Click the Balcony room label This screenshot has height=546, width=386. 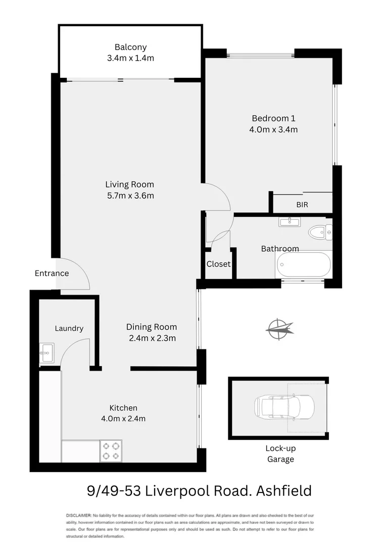(x=130, y=48)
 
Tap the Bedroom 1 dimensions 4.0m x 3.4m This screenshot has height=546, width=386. (x=273, y=129)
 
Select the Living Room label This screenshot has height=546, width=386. (x=129, y=185)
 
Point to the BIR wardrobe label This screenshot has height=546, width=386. (x=302, y=205)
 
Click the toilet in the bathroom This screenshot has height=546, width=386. (x=320, y=233)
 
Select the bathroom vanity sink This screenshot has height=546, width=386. (x=289, y=221)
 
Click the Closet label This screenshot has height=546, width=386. (x=218, y=264)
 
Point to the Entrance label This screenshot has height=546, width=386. (x=52, y=274)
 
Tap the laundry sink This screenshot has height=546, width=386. (x=46, y=352)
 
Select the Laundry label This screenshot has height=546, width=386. (x=69, y=329)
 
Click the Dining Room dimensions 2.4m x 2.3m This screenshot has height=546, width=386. (x=151, y=338)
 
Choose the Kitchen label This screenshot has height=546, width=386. (x=123, y=408)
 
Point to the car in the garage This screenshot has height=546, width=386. (x=284, y=406)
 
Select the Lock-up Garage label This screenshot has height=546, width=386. (x=280, y=454)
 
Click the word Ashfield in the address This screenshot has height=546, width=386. (x=284, y=491)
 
